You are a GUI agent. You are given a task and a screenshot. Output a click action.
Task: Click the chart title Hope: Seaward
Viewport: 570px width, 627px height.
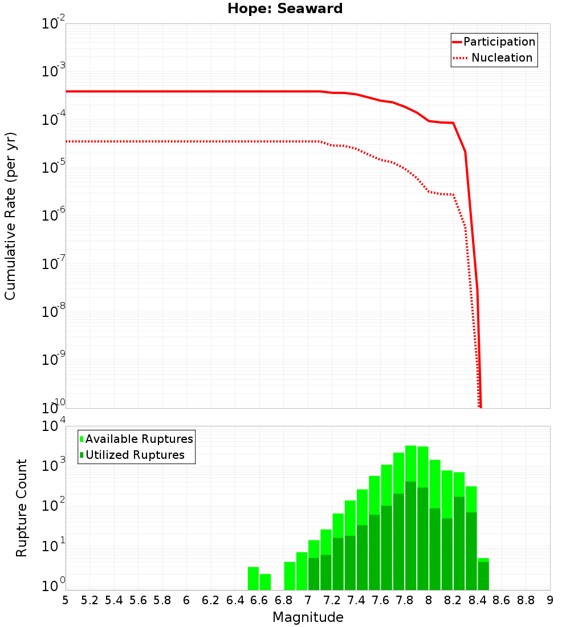point(285,9)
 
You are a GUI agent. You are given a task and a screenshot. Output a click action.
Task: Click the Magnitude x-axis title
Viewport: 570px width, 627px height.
point(308,617)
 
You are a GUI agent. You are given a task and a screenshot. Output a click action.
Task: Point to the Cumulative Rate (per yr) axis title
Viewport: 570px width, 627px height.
point(10,215)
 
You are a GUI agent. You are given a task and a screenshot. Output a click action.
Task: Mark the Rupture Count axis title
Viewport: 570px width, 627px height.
point(22,508)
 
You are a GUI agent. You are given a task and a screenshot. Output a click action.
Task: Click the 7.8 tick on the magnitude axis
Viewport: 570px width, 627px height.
point(405,600)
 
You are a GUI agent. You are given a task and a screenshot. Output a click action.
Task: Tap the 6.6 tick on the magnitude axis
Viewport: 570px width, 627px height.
point(259,600)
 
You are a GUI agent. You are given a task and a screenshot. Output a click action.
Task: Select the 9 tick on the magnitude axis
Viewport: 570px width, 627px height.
point(550,600)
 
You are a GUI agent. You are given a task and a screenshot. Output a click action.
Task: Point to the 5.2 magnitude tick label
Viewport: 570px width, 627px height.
point(90,600)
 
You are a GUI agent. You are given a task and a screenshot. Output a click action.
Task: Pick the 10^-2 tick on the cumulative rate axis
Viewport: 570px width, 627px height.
point(54,24)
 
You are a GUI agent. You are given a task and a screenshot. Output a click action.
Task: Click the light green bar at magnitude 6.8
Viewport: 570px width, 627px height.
point(290,576)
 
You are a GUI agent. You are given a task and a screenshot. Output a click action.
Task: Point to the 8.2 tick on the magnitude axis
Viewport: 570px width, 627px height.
point(453,600)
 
